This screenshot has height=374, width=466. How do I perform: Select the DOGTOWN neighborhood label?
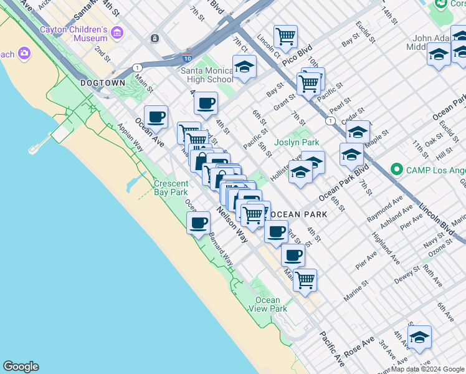(103, 83)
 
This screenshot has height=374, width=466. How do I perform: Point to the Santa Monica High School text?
(207, 75)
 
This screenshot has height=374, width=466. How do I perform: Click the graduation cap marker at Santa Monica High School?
(244, 67)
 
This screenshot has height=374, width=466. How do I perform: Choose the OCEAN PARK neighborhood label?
(298, 214)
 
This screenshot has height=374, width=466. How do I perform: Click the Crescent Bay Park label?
(171, 188)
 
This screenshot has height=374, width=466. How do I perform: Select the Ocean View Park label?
(268, 304)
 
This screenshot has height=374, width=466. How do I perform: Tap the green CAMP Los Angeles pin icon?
(396, 169)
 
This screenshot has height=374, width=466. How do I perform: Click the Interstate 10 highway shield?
(188, 57)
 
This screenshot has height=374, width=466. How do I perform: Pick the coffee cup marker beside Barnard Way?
(199, 223)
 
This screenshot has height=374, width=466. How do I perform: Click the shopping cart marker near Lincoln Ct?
(285, 35)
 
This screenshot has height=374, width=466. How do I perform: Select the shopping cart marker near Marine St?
(305, 279)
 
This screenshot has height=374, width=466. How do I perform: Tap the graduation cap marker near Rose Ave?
(420, 337)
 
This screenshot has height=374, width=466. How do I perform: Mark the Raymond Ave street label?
(384, 209)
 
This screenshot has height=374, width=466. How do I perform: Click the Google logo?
(21, 367)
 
